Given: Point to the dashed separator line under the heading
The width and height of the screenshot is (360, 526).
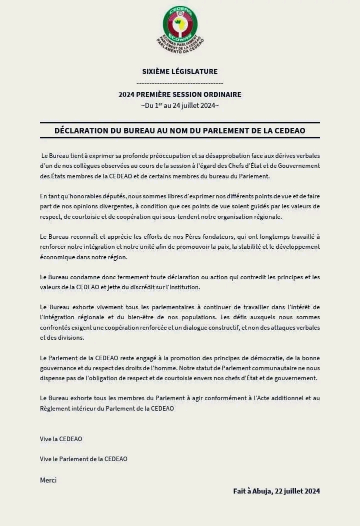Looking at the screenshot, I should [180, 83].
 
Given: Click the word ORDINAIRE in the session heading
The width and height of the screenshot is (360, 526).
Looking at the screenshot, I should [222, 94].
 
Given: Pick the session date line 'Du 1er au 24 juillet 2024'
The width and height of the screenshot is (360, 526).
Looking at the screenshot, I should [180, 105].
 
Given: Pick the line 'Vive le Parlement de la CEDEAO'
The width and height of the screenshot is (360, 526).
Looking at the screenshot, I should [83, 459].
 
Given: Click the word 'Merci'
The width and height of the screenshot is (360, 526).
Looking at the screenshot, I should [48, 480].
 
